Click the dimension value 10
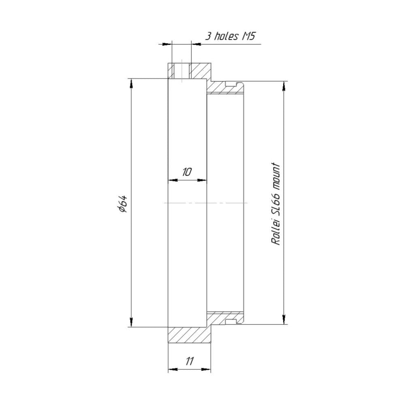(x=187, y=172)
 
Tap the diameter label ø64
(x=122, y=204)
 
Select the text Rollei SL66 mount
(x=275, y=204)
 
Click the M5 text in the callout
(x=248, y=36)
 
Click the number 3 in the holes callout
(x=208, y=36)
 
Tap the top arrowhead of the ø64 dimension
(x=131, y=83)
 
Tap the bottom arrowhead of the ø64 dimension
(x=131, y=322)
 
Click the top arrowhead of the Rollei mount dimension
(x=284, y=86)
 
